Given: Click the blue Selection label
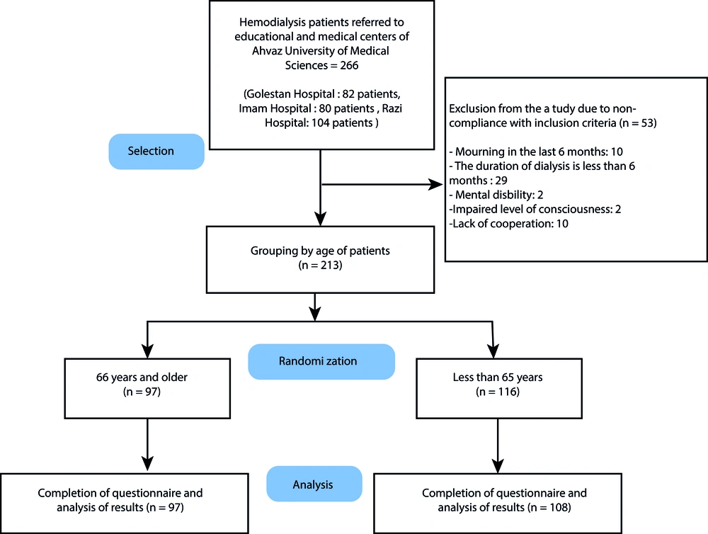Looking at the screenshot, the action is pos(156,152).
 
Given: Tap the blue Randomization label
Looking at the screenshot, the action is pos(321,361).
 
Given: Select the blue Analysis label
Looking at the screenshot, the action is pos(314,484).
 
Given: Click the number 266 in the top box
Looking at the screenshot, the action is pos(349,65).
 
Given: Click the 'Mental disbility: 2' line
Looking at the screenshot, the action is pos(496,195).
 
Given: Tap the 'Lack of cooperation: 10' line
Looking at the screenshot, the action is pos(509,224).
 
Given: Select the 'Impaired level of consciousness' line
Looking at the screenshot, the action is pos(535,209).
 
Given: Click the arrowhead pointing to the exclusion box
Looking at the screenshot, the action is pos(435,184).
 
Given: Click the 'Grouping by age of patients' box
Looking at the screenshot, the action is pos(320,260).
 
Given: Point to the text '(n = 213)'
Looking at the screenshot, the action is pos(320,265).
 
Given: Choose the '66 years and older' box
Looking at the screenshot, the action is pos(147,389).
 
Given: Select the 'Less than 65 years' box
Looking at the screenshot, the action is pos(499,389).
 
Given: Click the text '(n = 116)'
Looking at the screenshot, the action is pos(498,392).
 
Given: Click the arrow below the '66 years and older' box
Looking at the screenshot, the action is pos(148,445).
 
